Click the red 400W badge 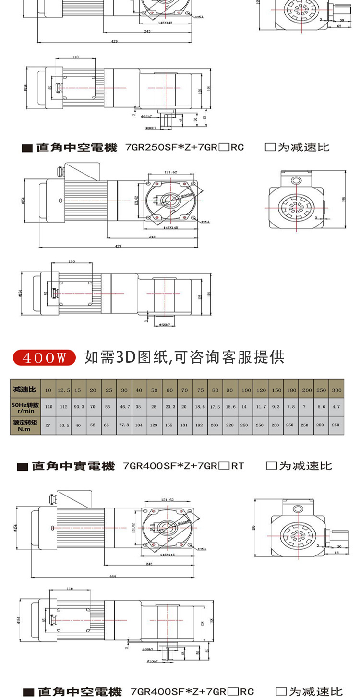point(44,357)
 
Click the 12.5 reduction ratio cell point(63,390)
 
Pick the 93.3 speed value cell point(79,407)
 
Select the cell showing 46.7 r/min point(124,407)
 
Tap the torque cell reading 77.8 point(124,425)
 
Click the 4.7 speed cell point(336,407)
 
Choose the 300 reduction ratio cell point(336,390)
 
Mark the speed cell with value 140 point(48,407)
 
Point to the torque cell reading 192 point(200,425)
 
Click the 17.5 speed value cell point(215,407)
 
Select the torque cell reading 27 point(48,425)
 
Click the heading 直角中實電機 point(73,466)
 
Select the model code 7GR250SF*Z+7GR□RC point(184,148)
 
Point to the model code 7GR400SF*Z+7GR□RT point(183,466)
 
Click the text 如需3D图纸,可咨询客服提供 point(184,357)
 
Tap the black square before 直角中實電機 point(22,467)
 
